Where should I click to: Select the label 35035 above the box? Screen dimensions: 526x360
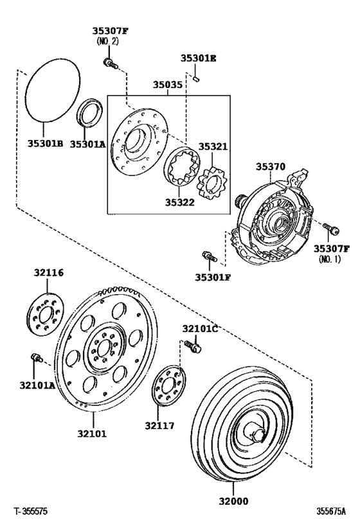167,84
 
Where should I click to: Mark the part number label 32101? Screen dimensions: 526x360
92,434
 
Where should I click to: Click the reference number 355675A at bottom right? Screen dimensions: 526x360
330,512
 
